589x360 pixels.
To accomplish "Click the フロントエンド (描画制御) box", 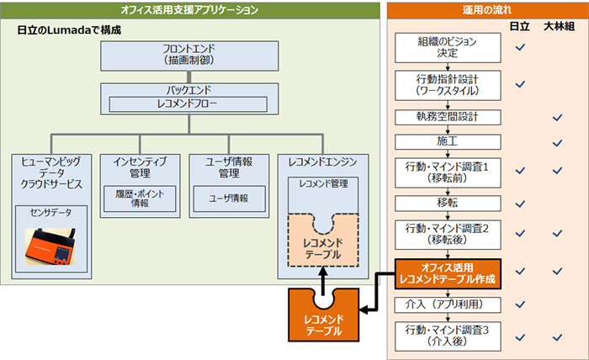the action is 189,56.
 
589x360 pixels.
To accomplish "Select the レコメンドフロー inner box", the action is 188,104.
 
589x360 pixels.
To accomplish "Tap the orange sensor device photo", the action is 50,246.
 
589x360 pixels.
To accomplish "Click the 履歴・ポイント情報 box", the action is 140,199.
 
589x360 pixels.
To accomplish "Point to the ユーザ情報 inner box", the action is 229,199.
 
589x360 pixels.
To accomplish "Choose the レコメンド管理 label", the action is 323,183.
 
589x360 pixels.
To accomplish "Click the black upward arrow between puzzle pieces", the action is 323,281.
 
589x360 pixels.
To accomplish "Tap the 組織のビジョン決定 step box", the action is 448,48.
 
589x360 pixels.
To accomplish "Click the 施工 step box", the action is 448,142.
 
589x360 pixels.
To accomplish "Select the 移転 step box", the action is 448,204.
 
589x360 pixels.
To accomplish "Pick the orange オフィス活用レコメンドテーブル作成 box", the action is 448,273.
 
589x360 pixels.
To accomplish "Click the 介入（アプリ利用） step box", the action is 448,304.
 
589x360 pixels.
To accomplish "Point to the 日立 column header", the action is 519,26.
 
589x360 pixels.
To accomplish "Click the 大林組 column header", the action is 559,26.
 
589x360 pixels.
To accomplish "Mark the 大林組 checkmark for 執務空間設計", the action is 557,118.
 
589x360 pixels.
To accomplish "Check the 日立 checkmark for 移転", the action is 520,204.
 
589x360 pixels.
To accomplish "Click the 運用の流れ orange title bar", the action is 487,10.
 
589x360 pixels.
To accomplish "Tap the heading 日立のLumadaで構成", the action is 69,30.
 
